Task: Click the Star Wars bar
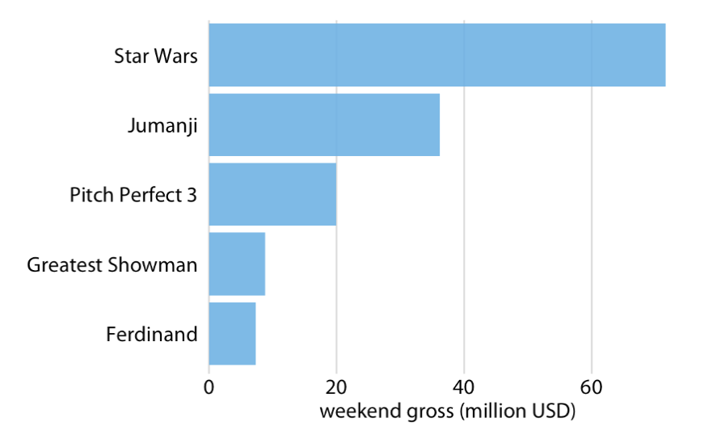click(x=436, y=55)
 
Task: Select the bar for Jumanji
click(x=324, y=125)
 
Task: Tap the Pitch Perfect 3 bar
click(x=272, y=195)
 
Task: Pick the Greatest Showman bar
click(x=237, y=264)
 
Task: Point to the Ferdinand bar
click(x=232, y=334)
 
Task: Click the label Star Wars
click(x=156, y=56)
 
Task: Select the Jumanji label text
click(x=162, y=126)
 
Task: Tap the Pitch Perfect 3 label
click(x=133, y=195)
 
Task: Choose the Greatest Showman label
click(x=112, y=264)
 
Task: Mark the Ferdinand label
click(x=152, y=334)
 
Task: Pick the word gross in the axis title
click(x=425, y=412)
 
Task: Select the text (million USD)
click(x=517, y=412)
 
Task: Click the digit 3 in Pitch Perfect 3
click(x=192, y=195)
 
